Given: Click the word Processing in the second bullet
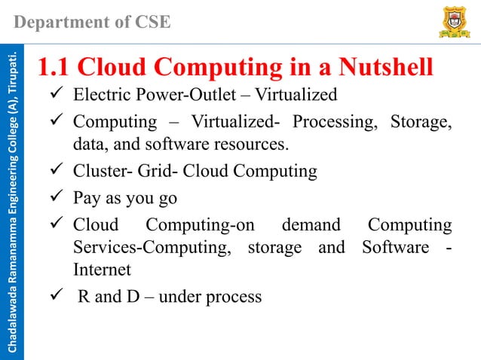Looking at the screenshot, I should pyautogui.click(x=332, y=121).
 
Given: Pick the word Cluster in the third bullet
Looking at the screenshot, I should pyautogui.click(x=98, y=171).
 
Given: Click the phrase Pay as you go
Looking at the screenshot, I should pyautogui.click(x=125, y=198).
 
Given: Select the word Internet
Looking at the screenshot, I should pyautogui.click(x=102, y=269).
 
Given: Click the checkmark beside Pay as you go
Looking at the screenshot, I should pyautogui.click(x=55, y=198).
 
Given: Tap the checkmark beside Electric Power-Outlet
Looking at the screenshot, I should pyautogui.click(x=55, y=96).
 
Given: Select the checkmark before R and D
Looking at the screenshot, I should pyautogui.click(x=55, y=296).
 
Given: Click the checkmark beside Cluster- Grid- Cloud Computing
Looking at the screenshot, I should pyautogui.click(x=55, y=171).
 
